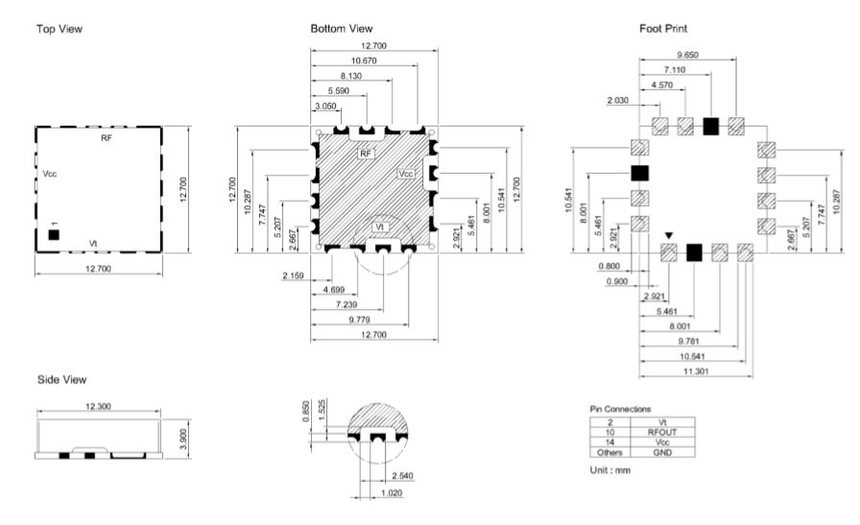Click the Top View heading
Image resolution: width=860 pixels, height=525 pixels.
60,29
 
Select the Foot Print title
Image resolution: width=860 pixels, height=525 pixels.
663,29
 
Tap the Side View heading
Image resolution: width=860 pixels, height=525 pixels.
62,380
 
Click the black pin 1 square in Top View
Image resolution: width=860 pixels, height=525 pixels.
54,235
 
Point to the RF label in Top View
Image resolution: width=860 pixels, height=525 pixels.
107,138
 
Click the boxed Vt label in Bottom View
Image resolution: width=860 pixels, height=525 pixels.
380,227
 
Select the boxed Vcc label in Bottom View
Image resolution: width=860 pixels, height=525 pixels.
406,174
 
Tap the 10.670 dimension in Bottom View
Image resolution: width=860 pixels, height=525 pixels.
364,60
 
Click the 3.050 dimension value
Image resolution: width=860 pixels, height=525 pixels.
325,106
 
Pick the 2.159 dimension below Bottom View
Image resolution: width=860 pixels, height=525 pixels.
293,275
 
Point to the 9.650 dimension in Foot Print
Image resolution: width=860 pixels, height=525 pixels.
688,55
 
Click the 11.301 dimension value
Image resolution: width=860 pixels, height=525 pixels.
696,371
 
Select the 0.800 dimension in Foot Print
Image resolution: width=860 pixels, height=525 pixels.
609,266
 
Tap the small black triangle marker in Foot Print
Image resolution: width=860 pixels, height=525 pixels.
669,236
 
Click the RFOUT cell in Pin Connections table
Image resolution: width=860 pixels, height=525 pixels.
662,432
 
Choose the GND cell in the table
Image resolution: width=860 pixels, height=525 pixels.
662,453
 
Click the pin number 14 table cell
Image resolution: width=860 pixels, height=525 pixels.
609,442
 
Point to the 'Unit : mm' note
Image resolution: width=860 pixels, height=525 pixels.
609,470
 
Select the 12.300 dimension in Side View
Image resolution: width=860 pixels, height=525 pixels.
98,407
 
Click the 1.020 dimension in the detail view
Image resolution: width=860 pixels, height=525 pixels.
392,492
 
